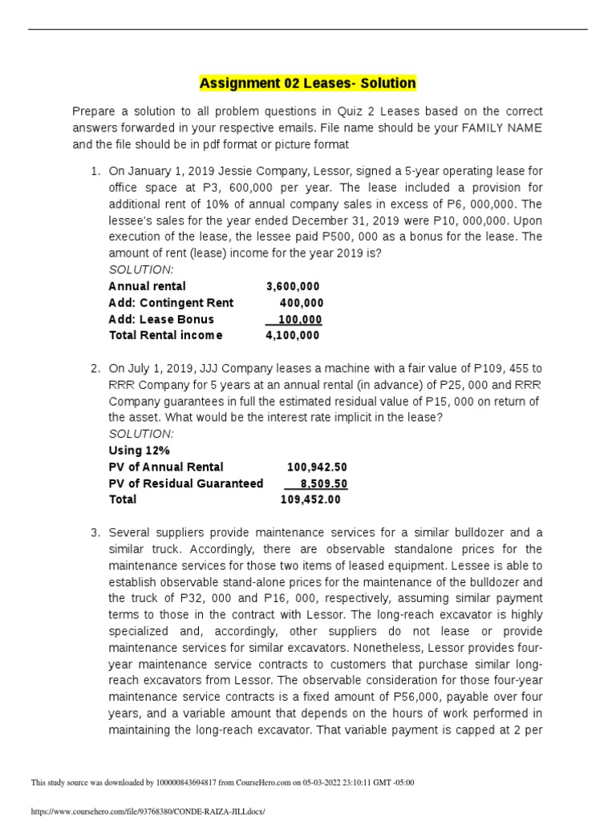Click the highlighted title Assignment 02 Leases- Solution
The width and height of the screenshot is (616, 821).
pos(307,83)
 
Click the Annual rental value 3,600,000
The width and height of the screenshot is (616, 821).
pos(292,286)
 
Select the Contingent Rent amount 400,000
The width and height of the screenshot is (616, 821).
pos(302,302)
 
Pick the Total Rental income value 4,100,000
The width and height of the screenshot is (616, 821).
pos(292,335)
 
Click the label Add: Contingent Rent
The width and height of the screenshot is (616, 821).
pos(171,302)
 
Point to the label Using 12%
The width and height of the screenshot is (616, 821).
pos(139,451)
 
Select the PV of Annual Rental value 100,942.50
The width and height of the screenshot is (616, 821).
pos(317,467)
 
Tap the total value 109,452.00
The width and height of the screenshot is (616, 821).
pos(310,499)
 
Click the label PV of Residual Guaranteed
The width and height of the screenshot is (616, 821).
pos(185,483)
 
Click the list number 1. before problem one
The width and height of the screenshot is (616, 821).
pos(95,171)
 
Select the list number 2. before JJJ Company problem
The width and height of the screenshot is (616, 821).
pos(95,368)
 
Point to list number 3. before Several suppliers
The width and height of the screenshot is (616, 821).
pos(95,532)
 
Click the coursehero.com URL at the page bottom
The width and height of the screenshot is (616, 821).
pos(148,811)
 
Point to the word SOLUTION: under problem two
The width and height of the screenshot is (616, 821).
pos(140,434)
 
